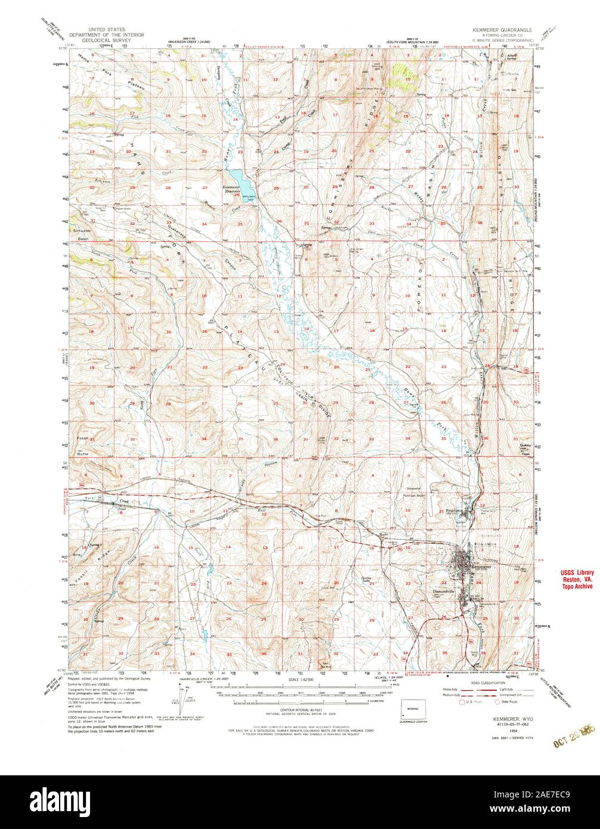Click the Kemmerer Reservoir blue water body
[234, 178]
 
